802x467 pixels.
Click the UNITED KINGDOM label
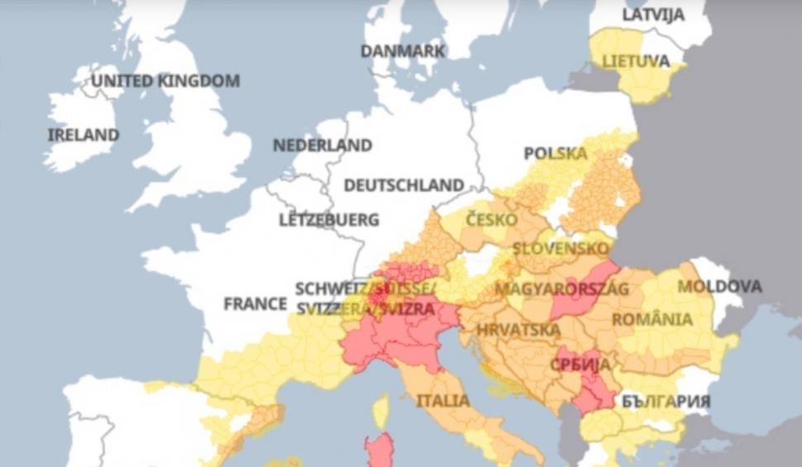pyautogui.click(x=165, y=81)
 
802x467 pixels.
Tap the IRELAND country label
pyautogui.click(x=83, y=135)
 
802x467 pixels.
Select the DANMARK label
pyautogui.click(x=403, y=51)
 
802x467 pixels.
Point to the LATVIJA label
pyautogui.click(x=653, y=15)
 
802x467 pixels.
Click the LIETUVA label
pyautogui.click(x=636, y=61)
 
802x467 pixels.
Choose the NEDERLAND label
pyautogui.click(x=322, y=145)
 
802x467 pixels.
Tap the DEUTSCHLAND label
pyautogui.click(x=403, y=185)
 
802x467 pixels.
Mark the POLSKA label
pyautogui.click(x=556, y=154)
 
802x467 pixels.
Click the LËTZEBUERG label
pyautogui.click(x=329, y=221)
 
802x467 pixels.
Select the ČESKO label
pyautogui.click(x=491, y=220)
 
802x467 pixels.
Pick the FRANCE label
pyautogui.click(x=255, y=304)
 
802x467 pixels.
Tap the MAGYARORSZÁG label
pyautogui.click(x=561, y=288)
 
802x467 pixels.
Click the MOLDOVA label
pyautogui.click(x=719, y=287)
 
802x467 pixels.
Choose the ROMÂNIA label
pyautogui.click(x=652, y=319)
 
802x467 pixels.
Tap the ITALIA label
pyautogui.click(x=442, y=401)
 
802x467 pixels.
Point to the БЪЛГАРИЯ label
pyautogui.click(x=664, y=401)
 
